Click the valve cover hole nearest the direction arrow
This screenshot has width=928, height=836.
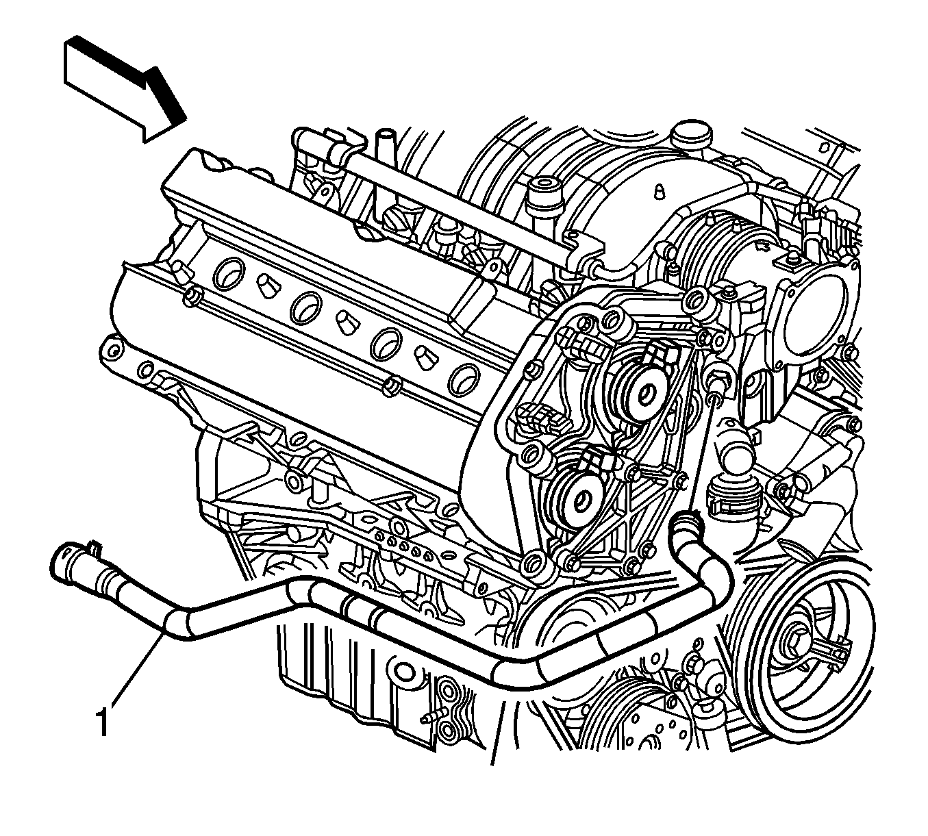(228, 272)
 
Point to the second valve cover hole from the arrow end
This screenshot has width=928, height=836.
(306, 307)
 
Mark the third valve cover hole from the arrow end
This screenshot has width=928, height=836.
(386, 343)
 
